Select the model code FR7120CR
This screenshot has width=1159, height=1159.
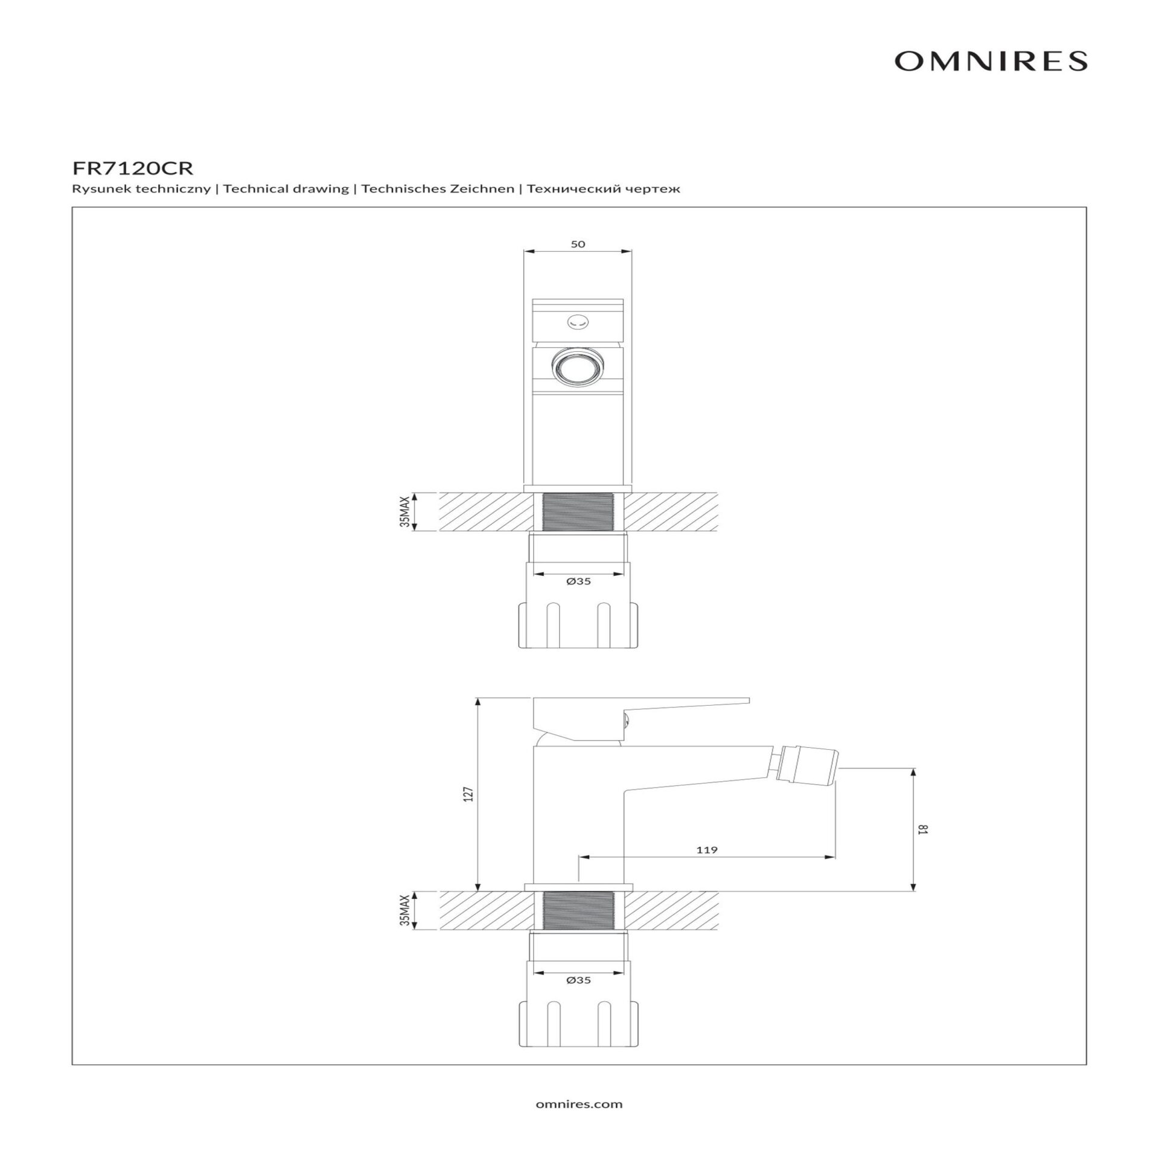(x=133, y=167)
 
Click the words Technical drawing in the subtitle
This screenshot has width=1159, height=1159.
(x=286, y=189)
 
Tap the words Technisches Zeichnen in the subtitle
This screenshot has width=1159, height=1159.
(x=438, y=189)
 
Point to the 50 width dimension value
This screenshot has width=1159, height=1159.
(x=578, y=244)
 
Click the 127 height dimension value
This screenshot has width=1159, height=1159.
(x=470, y=794)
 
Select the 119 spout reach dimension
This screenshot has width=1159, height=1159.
(x=707, y=850)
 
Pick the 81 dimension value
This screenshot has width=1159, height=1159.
(x=922, y=829)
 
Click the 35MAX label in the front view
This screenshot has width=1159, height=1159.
(x=404, y=512)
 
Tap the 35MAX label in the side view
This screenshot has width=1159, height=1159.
(x=404, y=910)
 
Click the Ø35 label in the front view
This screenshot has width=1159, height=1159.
(x=578, y=581)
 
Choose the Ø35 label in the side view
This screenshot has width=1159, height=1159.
(x=578, y=980)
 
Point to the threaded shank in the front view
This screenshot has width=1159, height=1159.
(x=578, y=512)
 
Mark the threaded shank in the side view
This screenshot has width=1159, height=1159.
(x=578, y=910)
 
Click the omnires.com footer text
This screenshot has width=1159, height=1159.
(x=579, y=1104)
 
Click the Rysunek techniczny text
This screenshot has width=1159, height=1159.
(x=141, y=189)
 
